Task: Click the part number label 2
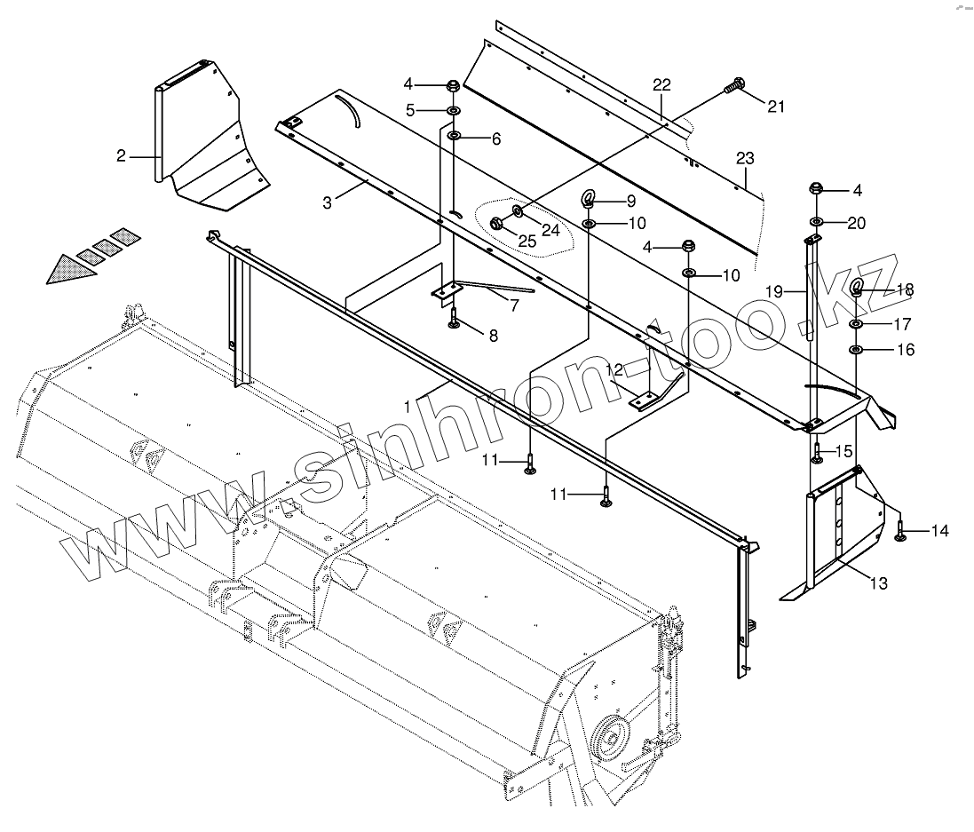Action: click(121, 157)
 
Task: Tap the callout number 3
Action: click(327, 202)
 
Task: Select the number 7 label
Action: click(514, 305)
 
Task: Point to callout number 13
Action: click(877, 583)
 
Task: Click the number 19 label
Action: click(773, 291)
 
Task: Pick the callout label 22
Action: click(661, 85)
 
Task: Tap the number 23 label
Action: click(744, 159)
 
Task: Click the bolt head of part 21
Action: click(732, 86)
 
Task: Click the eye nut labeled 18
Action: click(858, 287)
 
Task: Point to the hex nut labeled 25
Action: click(497, 225)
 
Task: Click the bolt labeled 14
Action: click(901, 531)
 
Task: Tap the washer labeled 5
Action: click(453, 110)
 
